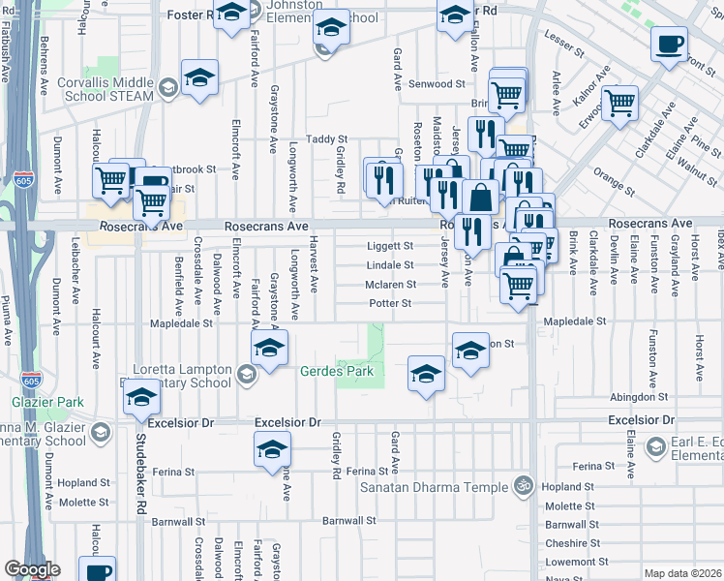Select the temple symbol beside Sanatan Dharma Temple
point(524,484)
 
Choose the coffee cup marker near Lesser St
point(669,45)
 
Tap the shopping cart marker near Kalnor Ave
point(619,102)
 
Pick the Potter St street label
point(390,304)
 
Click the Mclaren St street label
point(390,285)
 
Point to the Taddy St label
point(326,139)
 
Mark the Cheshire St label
point(566,543)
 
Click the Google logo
point(32,569)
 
